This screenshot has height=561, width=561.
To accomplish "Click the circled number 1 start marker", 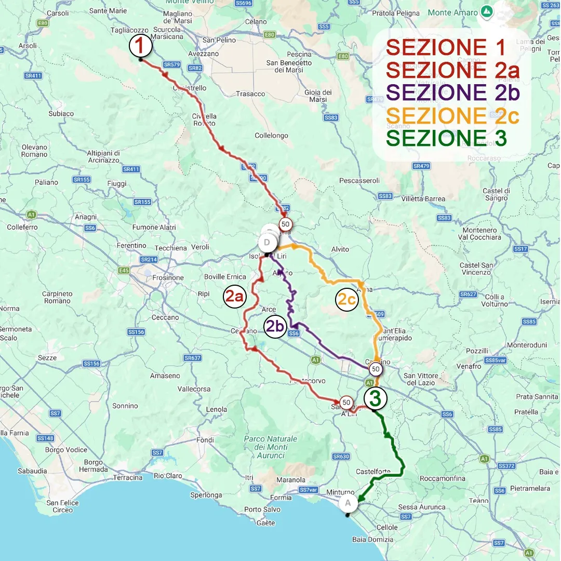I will click(x=140, y=46).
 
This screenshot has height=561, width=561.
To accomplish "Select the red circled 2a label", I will click(x=234, y=296).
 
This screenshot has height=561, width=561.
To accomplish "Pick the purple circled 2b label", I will click(x=275, y=326).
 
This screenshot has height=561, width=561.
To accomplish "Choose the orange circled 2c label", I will click(x=346, y=300).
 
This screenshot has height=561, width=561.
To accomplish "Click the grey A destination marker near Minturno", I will click(x=348, y=503).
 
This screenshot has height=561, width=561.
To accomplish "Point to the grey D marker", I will click(x=267, y=242).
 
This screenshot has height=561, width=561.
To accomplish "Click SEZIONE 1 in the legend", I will click(x=446, y=48).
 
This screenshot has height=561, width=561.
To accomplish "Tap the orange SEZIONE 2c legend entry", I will click(x=453, y=115).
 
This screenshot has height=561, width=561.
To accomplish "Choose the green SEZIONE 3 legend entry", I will click(x=446, y=138).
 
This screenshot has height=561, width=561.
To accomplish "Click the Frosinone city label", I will click(x=168, y=277).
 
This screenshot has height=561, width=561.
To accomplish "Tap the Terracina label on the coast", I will click(x=128, y=477).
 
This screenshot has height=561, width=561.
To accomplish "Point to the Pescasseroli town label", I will click(x=359, y=181).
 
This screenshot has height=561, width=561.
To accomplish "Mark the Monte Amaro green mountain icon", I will click(x=487, y=11).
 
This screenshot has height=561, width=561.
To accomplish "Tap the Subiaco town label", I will click(x=61, y=113).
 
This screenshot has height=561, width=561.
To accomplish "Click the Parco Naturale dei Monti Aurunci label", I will click(x=271, y=447).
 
